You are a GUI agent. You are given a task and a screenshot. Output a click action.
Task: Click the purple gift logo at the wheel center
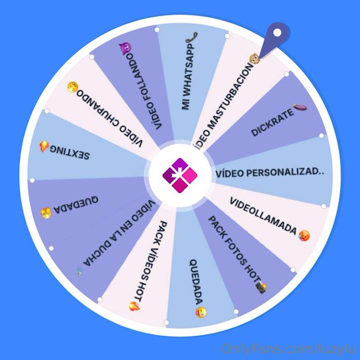click(180, 175)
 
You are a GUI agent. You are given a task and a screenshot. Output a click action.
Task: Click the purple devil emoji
click(126, 48)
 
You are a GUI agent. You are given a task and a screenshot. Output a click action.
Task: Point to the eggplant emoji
click(300, 107)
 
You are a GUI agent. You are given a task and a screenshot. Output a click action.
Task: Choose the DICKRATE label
click(272, 122)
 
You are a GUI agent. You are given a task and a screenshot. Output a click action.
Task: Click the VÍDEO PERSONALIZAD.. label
click(270, 173)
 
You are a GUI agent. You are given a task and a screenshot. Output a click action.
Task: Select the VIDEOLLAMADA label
click(263, 216)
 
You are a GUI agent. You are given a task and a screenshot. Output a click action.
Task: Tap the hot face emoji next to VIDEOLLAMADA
click(304, 236)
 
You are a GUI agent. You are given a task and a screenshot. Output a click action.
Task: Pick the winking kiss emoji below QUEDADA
click(201, 312)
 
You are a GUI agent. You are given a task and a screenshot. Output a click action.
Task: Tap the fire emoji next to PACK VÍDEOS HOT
click(134, 306)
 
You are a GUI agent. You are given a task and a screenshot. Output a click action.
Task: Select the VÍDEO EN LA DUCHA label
click(119, 233)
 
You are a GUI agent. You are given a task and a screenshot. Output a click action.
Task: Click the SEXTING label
click(70, 152)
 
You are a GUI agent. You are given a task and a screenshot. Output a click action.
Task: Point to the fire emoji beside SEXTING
click(44, 146)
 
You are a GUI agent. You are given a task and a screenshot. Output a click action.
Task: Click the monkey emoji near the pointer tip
click(255, 59)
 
